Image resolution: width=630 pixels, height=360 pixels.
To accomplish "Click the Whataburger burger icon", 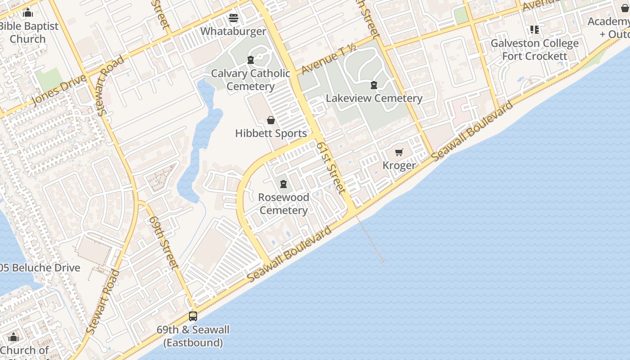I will (x=233, y=18).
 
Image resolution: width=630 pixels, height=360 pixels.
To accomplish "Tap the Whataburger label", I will (x=233, y=31).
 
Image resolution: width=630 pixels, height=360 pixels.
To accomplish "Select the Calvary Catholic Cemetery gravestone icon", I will (x=251, y=60).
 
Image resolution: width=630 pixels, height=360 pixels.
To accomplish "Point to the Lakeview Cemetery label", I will (x=374, y=98).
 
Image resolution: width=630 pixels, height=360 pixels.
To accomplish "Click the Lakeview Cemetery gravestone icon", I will (x=373, y=85).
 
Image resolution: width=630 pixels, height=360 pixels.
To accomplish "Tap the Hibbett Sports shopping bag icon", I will (x=271, y=120).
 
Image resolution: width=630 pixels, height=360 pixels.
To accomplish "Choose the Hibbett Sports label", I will (x=271, y=133).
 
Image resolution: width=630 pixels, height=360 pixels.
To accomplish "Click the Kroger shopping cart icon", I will (x=399, y=153).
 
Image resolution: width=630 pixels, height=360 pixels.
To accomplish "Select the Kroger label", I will (x=399, y=166).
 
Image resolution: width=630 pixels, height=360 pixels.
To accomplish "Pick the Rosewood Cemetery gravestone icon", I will (x=283, y=184).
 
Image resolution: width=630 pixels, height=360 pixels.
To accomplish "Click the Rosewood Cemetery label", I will (x=283, y=204).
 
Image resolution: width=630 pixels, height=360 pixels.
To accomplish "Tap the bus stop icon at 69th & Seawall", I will (x=193, y=316).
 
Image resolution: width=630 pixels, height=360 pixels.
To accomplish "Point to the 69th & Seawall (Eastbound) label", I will (x=193, y=336).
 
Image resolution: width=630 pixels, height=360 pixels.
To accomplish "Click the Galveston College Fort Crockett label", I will (x=535, y=49).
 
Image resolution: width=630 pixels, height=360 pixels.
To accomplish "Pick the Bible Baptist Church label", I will (x=28, y=32).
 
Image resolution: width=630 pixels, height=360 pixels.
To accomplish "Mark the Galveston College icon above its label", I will (x=535, y=30).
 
